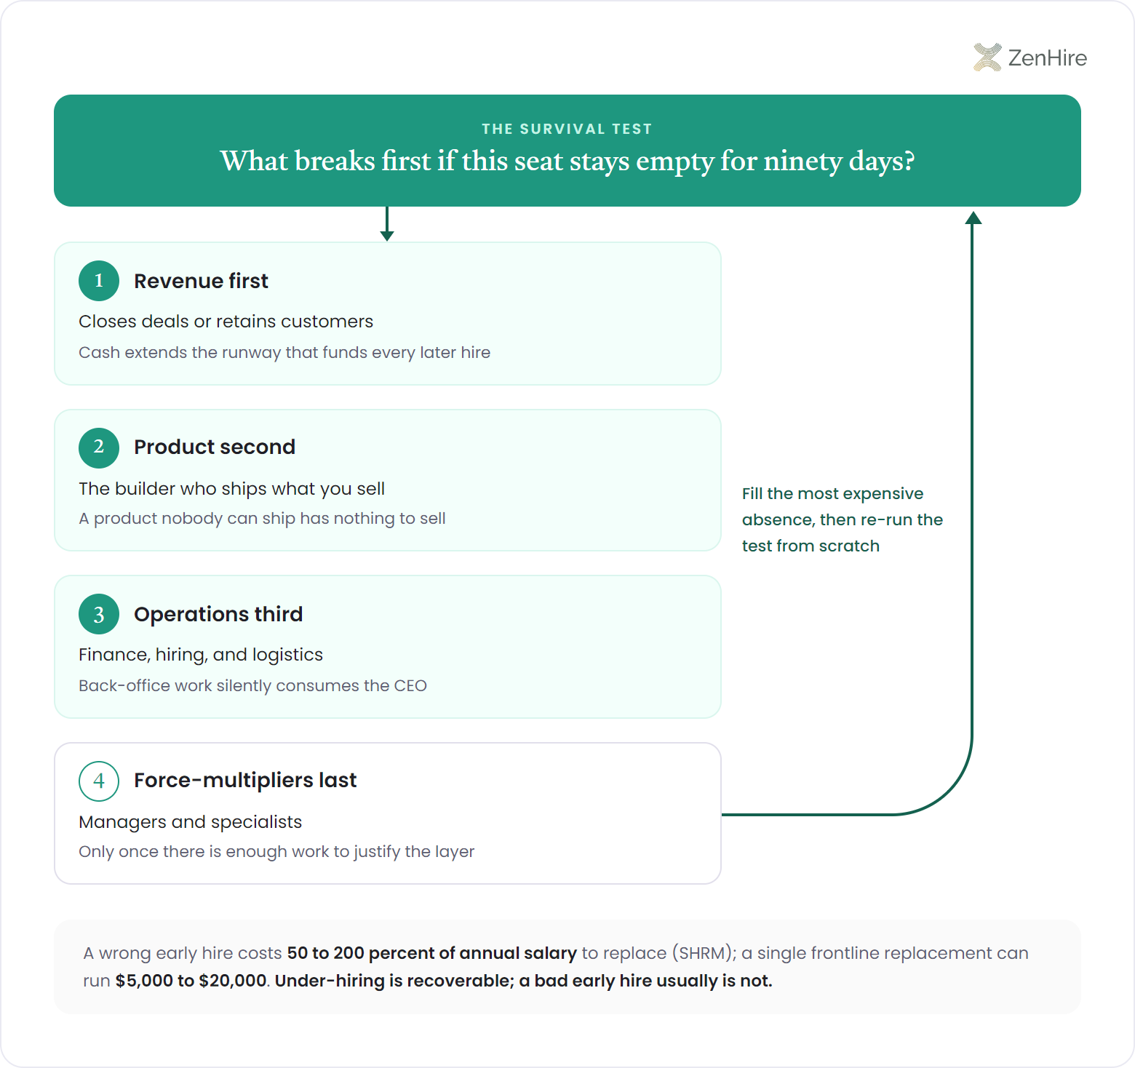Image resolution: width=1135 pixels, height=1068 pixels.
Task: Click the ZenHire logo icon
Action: (x=987, y=57)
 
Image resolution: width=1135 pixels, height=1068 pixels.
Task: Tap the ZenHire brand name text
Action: (x=1048, y=57)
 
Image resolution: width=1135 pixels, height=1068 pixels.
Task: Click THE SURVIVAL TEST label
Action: (x=567, y=129)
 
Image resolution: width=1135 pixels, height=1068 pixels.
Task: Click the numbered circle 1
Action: (x=99, y=281)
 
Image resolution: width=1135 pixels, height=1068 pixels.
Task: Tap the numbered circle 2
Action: (x=99, y=447)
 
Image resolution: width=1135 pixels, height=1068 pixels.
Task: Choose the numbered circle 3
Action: (x=99, y=614)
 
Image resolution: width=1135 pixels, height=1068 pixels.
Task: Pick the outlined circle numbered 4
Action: (x=99, y=781)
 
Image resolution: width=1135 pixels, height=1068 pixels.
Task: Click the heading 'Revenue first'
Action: (x=201, y=281)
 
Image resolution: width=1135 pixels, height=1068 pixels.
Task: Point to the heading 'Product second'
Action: (x=215, y=447)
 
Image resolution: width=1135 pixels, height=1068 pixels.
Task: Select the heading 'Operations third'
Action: (x=218, y=614)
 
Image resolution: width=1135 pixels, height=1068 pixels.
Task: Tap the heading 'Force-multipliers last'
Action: (x=245, y=780)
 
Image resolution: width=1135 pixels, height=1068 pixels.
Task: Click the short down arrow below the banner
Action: (x=387, y=223)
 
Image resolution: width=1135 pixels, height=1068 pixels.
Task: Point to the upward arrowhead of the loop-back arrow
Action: (x=973, y=218)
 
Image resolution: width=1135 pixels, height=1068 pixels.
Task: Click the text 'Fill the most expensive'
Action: (x=832, y=493)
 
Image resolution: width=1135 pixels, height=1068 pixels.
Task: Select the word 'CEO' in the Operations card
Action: (x=410, y=685)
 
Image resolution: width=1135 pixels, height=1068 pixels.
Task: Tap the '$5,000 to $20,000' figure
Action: (x=191, y=981)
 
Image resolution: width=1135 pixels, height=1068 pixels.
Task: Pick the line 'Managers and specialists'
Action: (x=190, y=821)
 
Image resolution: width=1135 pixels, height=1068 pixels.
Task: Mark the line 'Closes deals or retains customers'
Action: (x=226, y=322)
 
